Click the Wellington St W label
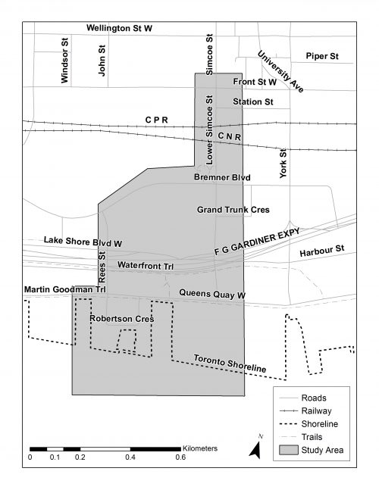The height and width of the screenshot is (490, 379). [x=119, y=28]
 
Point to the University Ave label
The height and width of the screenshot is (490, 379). [x=280, y=71]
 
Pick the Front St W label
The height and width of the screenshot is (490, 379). [x=255, y=82]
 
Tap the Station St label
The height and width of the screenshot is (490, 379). [x=253, y=101]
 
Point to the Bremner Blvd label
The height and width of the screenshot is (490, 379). [x=222, y=178]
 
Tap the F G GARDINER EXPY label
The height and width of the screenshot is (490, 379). [x=257, y=242]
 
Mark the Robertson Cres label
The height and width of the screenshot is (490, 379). [x=121, y=319]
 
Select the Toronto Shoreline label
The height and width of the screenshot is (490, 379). [x=230, y=363]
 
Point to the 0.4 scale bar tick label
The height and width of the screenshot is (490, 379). [x=131, y=457]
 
